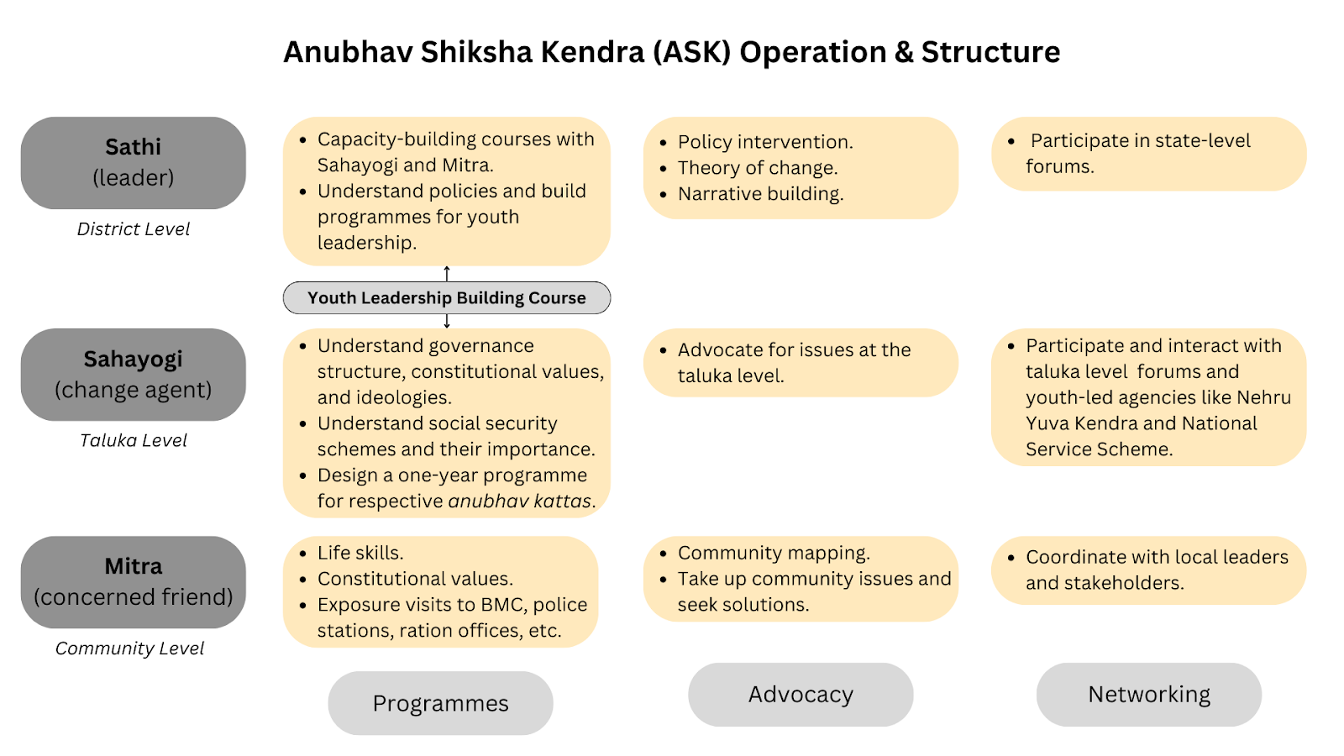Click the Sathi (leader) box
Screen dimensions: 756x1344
[x=133, y=163]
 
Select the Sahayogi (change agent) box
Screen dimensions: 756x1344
[x=133, y=375]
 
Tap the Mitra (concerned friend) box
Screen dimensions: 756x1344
[x=133, y=582]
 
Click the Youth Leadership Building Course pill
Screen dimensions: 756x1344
[x=446, y=298]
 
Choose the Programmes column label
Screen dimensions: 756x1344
[x=440, y=703]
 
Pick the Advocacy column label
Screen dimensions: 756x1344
[x=801, y=695]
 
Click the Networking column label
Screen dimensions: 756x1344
[x=1148, y=695]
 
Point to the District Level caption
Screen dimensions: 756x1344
[x=133, y=229]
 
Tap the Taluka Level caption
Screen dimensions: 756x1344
[x=133, y=441]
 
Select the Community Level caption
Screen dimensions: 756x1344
[x=129, y=648]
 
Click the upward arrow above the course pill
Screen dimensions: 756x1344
[x=447, y=273]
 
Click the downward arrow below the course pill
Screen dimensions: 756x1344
[x=447, y=322]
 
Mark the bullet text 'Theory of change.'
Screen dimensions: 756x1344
[x=757, y=168]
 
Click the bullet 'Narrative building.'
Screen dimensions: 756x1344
[x=760, y=194]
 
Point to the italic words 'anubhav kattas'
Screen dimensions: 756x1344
[x=520, y=501]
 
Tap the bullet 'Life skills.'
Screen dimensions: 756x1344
[x=360, y=553]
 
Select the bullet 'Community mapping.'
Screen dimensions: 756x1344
[x=774, y=553]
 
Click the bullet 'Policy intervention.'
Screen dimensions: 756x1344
[x=765, y=142]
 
